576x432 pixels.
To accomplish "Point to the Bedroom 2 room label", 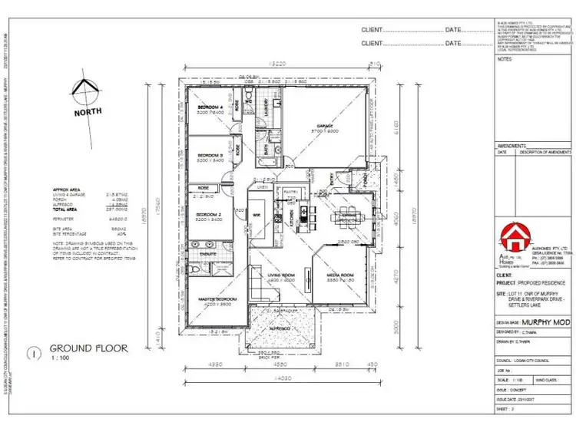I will click(x=209, y=214).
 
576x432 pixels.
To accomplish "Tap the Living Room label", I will click(x=281, y=275).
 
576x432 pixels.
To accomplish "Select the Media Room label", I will click(x=339, y=275).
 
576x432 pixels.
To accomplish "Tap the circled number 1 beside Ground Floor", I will click(x=34, y=354).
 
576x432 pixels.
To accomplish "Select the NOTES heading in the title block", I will click(x=505, y=58).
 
